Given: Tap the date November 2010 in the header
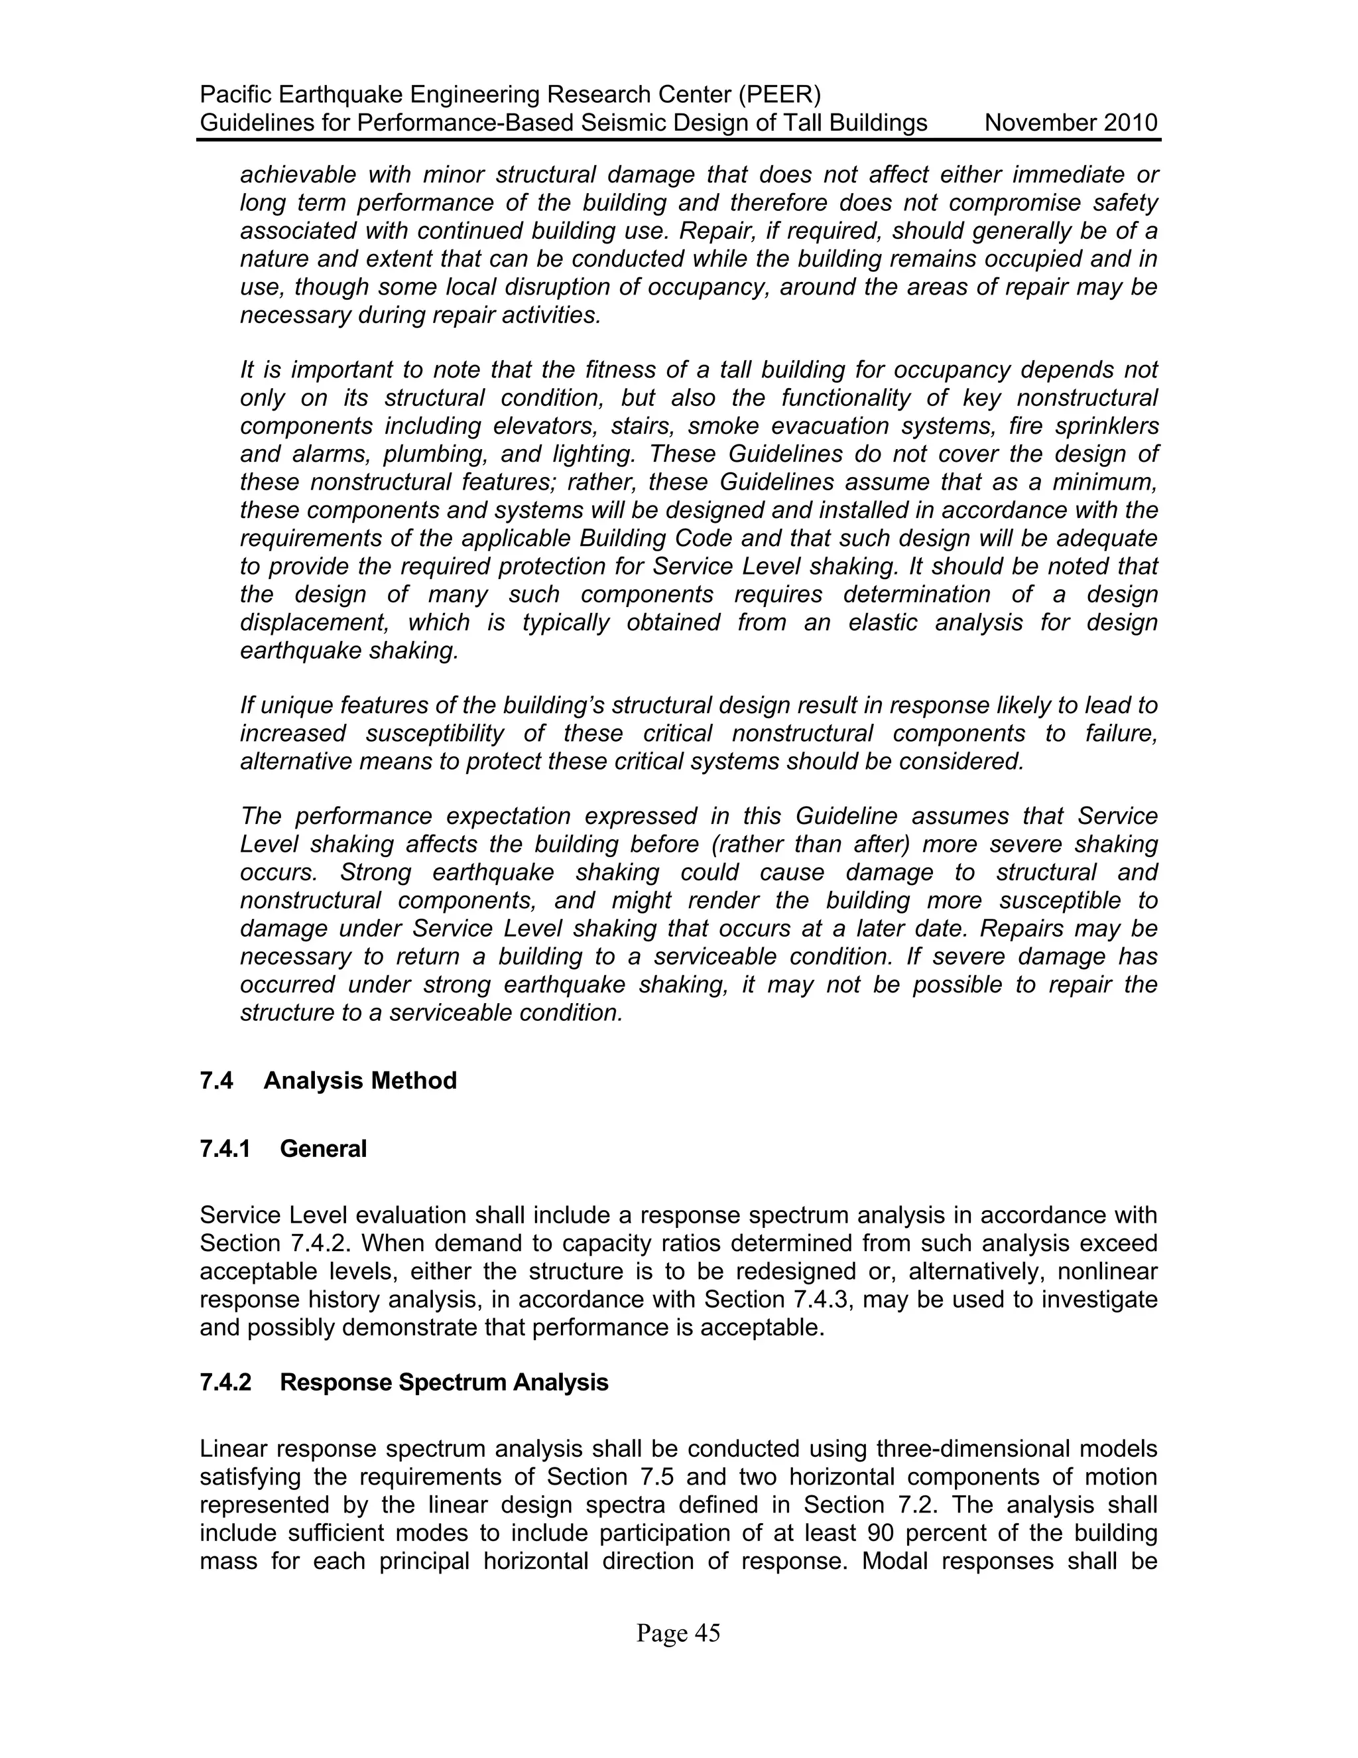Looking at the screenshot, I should point(1071,123).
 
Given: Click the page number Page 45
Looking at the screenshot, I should point(678,1633).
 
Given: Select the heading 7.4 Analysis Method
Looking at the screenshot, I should point(328,1080).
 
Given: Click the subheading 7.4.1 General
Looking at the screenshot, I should point(283,1148).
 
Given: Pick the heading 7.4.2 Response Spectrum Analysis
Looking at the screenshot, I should point(404,1382).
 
